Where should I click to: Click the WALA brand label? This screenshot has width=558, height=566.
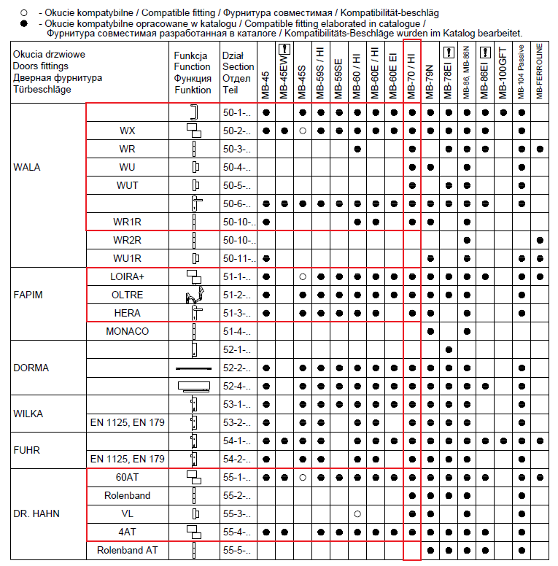[27, 167]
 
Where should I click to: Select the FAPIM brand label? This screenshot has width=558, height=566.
[28, 295]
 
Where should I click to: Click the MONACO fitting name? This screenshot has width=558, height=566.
[128, 331]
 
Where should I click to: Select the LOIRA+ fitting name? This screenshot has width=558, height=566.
[128, 276]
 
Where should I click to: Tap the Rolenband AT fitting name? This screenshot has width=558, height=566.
[128, 550]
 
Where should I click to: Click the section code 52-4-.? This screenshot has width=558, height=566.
[236, 386]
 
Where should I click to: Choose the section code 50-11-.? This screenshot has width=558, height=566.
[236, 258]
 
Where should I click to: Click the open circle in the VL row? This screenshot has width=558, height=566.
[357, 513]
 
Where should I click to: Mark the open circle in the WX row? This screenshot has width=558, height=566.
[303, 131]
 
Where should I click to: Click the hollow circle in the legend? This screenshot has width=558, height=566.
[23, 12]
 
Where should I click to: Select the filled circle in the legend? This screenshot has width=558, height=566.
[23, 23]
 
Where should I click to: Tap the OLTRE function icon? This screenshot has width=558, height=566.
[193, 295]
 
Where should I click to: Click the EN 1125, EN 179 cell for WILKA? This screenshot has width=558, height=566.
[128, 422]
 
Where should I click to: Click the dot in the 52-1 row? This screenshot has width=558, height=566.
[449, 349]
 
